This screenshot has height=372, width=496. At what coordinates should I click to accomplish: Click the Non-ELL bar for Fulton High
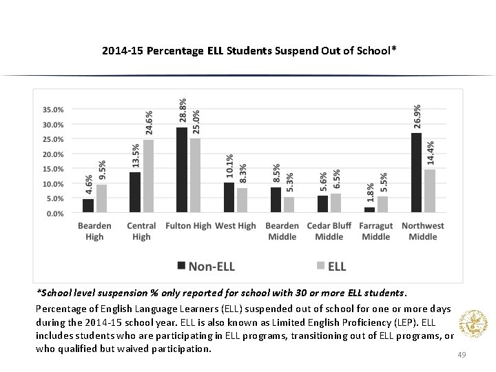pos(182,171)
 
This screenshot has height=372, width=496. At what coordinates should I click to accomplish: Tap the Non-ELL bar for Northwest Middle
pos(416,173)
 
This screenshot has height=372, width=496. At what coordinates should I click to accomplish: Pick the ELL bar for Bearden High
pos(101,199)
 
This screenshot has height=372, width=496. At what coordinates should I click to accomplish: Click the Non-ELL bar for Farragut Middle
pos(369,210)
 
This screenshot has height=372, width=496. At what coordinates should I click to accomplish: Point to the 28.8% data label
pos(183,111)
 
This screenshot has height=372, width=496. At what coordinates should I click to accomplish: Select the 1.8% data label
pos(370,192)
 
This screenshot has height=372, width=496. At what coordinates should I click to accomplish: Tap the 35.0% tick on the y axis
pos(54,110)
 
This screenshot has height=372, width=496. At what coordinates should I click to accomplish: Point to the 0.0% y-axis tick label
pos(56,214)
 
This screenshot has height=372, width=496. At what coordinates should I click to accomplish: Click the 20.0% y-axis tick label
pos(54,154)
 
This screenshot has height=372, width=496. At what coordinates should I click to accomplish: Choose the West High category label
pos(236,226)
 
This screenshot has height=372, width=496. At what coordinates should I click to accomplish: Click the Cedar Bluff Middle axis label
pos(329,231)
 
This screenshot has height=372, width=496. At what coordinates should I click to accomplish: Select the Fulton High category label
pos(189,226)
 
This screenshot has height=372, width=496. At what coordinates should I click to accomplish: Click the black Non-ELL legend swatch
pos(181,266)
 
